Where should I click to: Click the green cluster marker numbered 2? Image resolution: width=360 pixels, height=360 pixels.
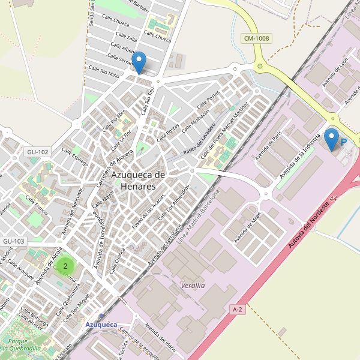tap(65, 265)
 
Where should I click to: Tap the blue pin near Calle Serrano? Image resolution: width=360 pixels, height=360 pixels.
tap(139, 62)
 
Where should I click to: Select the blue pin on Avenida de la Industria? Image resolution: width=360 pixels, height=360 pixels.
tap(331, 139)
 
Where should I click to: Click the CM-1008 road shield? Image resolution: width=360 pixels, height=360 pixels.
tap(256, 38)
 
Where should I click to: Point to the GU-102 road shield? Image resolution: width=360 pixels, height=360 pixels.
tap(37, 152)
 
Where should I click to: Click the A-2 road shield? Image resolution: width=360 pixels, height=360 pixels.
tap(238, 309)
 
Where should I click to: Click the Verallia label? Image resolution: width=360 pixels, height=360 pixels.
tap(192, 286)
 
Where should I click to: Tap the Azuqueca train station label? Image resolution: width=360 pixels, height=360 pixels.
tap(101, 325)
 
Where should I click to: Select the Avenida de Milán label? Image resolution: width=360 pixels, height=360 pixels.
tap(248, 229)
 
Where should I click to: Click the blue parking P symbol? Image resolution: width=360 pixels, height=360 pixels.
tap(344, 143)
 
